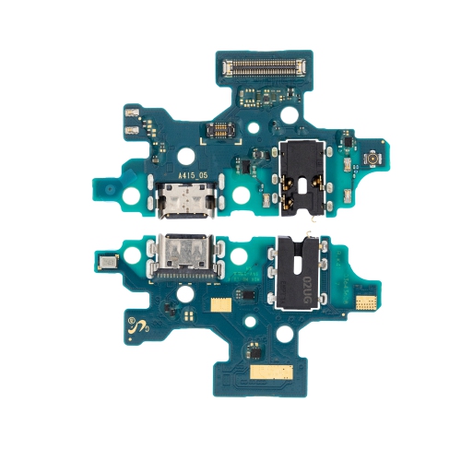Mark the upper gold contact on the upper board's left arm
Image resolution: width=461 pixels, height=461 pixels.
(130, 113)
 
